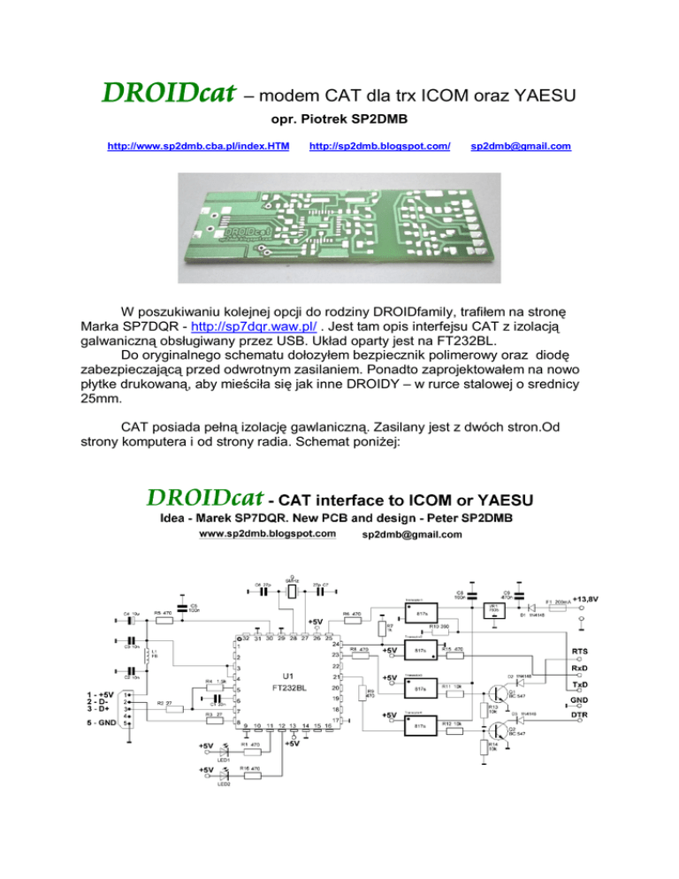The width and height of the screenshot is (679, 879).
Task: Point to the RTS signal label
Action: (580, 651)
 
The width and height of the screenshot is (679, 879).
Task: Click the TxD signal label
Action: (580, 684)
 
